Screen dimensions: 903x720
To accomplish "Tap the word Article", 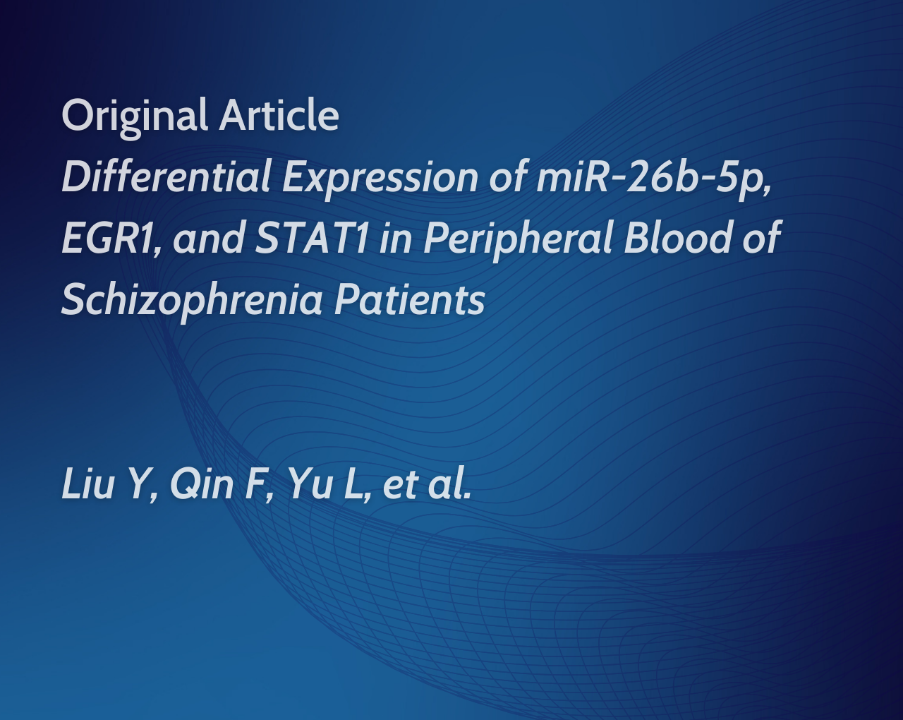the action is coord(279,114).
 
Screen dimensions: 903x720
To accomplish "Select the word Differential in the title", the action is coord(166,176).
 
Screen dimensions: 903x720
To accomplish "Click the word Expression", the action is coord(380,180).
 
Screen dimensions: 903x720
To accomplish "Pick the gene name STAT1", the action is coord(312,237).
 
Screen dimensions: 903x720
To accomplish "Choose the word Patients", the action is coord(410,299).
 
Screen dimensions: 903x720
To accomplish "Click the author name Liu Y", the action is coord(110,484).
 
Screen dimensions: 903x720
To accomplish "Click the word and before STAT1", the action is coord(208,237).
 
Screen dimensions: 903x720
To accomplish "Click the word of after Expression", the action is coord(508,176).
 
